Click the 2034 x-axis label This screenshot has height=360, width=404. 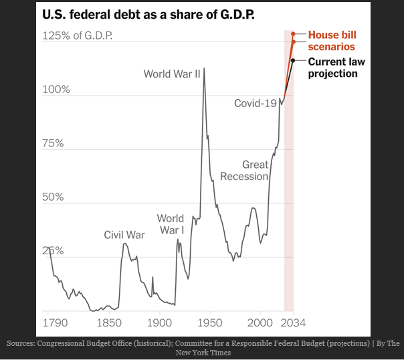(292, 323)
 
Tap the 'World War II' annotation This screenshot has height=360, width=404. (172, 74)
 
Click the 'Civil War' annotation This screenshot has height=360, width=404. (124, 235)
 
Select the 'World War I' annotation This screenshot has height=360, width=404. (171, 224)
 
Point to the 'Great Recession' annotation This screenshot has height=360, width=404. (245, 171)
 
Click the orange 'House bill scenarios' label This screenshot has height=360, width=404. (331, 41)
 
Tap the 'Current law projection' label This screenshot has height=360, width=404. (332, 68)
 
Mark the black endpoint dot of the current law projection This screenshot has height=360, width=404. (293, 61)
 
